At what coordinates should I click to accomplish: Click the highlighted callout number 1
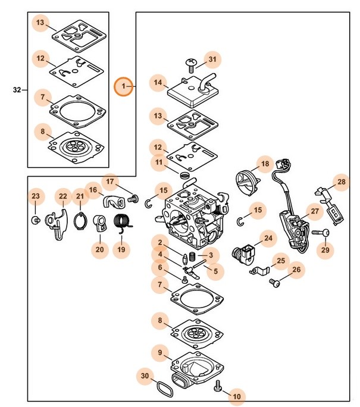tap(124, 87)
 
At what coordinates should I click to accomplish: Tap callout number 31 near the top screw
tap(212, 59)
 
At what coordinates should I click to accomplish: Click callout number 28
tap(341, 182)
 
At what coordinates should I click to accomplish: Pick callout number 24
tap(268, 239)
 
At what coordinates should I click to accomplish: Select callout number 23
tap(35, 196)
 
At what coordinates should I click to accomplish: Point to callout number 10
tap(236, 395)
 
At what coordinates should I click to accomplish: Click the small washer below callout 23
tap(35, 221)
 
